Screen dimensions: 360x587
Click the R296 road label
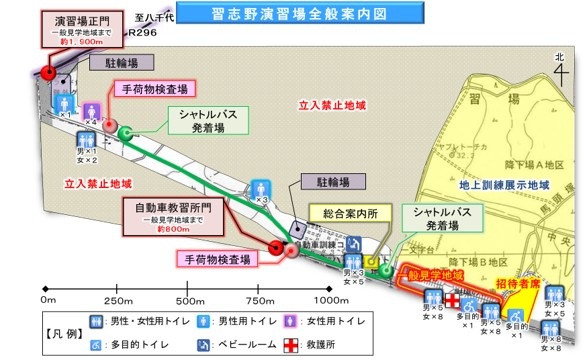click(140, 32)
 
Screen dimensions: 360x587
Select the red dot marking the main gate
click(48, 72)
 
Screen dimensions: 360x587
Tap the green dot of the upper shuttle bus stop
click(126, 132)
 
